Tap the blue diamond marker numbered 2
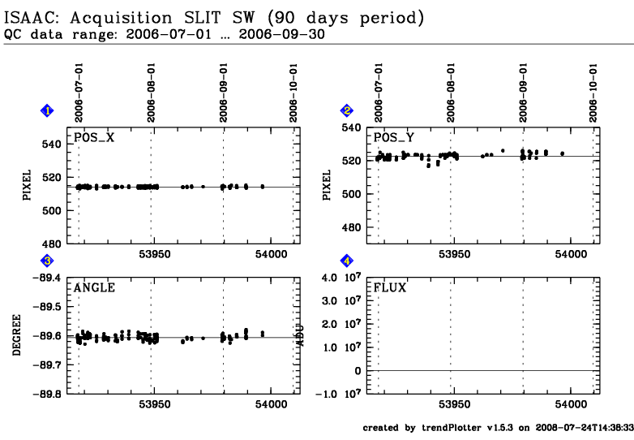click(347, 110)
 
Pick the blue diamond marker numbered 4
click(347, 261)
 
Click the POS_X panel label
click(95, 137)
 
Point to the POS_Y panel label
click(394, 137)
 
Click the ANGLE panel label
click(95, 287)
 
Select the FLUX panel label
click(390, 287)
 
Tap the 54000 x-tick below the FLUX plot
click(571, 403)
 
